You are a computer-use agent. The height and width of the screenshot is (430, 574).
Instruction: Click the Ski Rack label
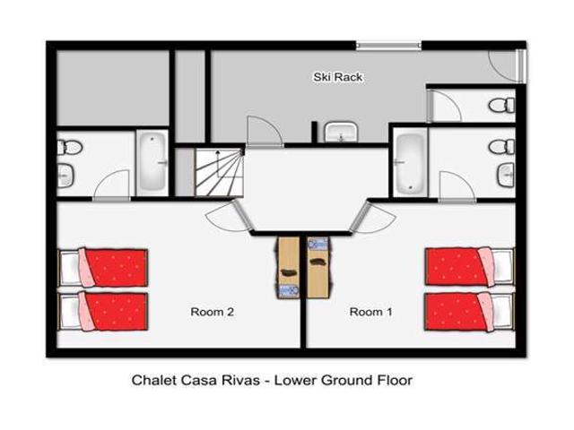(x=337, y=78)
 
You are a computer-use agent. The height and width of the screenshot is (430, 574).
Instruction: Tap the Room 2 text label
(x=213, y=313)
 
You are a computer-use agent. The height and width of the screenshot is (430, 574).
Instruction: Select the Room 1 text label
(x=371, y=313)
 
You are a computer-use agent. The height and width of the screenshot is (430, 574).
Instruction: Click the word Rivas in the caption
(x=245, y=381)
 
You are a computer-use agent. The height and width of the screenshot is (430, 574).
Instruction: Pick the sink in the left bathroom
(x=66, y=174)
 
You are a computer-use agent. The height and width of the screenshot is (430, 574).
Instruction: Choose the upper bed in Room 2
(x=104, y=267)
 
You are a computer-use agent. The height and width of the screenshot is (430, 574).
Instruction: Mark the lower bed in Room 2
(x=104, y=311)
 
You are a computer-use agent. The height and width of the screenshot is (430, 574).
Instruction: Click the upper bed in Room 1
(x=469, y=267)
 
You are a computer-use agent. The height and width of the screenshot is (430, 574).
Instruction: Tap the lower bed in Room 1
(x=469, y=311)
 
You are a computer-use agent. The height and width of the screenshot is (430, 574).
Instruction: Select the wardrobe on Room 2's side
(x=288, y=267)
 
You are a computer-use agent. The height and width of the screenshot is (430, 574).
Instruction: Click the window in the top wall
(x=388, y=44)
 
